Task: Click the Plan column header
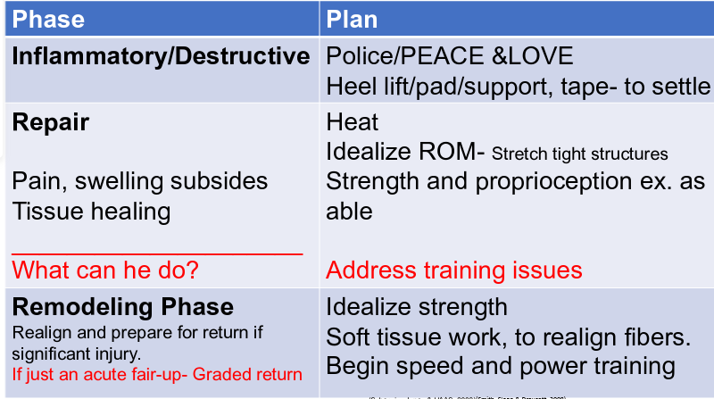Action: click(x=352, y=19)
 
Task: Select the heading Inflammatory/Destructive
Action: click(x=161, y=56)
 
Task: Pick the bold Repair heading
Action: click(x=51, y=121)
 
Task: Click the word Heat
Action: click(x=353, y=121)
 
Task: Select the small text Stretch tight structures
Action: click(x=579, y=154)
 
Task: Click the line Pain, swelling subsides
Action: click(x=140, y=180)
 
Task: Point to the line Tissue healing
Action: click(x=91, y=211)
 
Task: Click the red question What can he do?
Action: click(x=104, y=269)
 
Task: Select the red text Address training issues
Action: click(x=454, y=269)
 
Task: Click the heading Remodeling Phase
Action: click(x=123, y=307)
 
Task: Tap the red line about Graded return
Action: click(x=157, y=374)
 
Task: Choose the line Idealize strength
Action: click(x=417, y=307)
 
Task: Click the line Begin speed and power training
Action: click(x=501, y=366)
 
